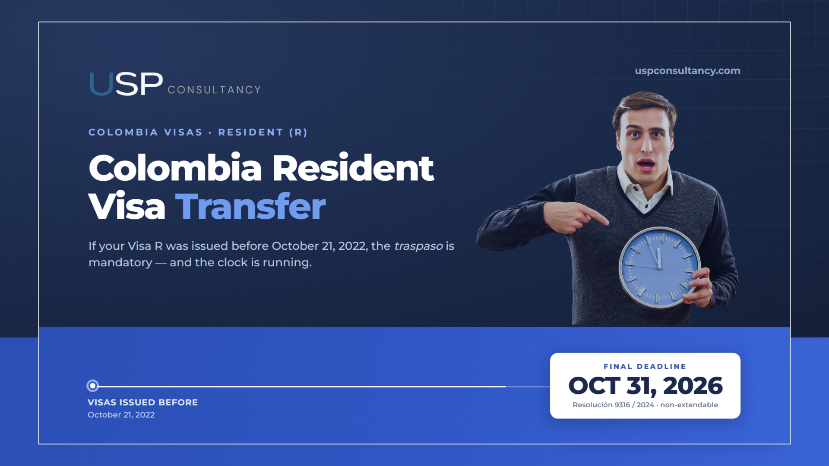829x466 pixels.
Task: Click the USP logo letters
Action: click(126, 84)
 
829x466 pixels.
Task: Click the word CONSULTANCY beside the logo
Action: click(215, 90)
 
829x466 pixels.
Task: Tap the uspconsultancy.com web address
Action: click(687, 71)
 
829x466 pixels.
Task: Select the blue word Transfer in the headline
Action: click(250, 206)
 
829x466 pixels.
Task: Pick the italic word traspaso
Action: click(418, 246)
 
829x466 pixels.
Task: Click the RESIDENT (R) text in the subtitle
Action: click(263, 132)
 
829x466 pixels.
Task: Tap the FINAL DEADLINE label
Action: click(645, 366)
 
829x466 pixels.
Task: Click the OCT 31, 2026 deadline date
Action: click(645, 386)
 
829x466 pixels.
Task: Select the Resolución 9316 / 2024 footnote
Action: click(614, 405)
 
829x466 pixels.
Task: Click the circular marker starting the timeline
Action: click(92, 385)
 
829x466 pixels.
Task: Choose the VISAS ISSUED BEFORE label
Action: click(143, 402)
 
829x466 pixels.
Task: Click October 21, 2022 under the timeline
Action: click(121, 415)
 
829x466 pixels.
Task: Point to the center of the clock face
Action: click(659, 268)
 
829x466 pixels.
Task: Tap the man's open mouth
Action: click(646, 164)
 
